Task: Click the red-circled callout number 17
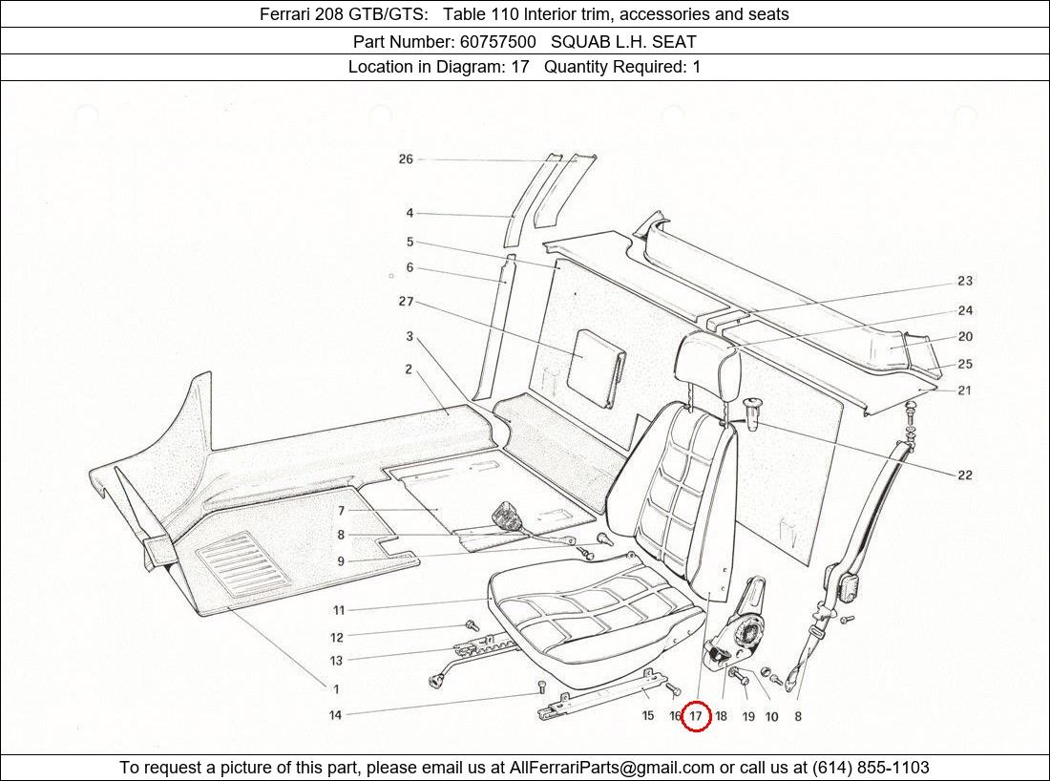click(x=696, y=715)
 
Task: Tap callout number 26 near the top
click(x=406, y=159)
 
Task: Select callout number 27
click(x=406, y=302)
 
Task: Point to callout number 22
click(x=965, y=475)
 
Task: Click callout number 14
click(x=335, y=715)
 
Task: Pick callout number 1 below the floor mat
click(x=335, y=688)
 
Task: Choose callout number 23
click(x=965, y=281)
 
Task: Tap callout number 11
click(x=339, y=610)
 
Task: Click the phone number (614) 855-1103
click(x=870, y=768)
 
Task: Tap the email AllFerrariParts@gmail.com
click(x=612, y=768)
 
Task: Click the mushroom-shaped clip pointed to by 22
click(x=753, y=412)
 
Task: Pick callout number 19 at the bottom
click(x=747, y=716)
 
